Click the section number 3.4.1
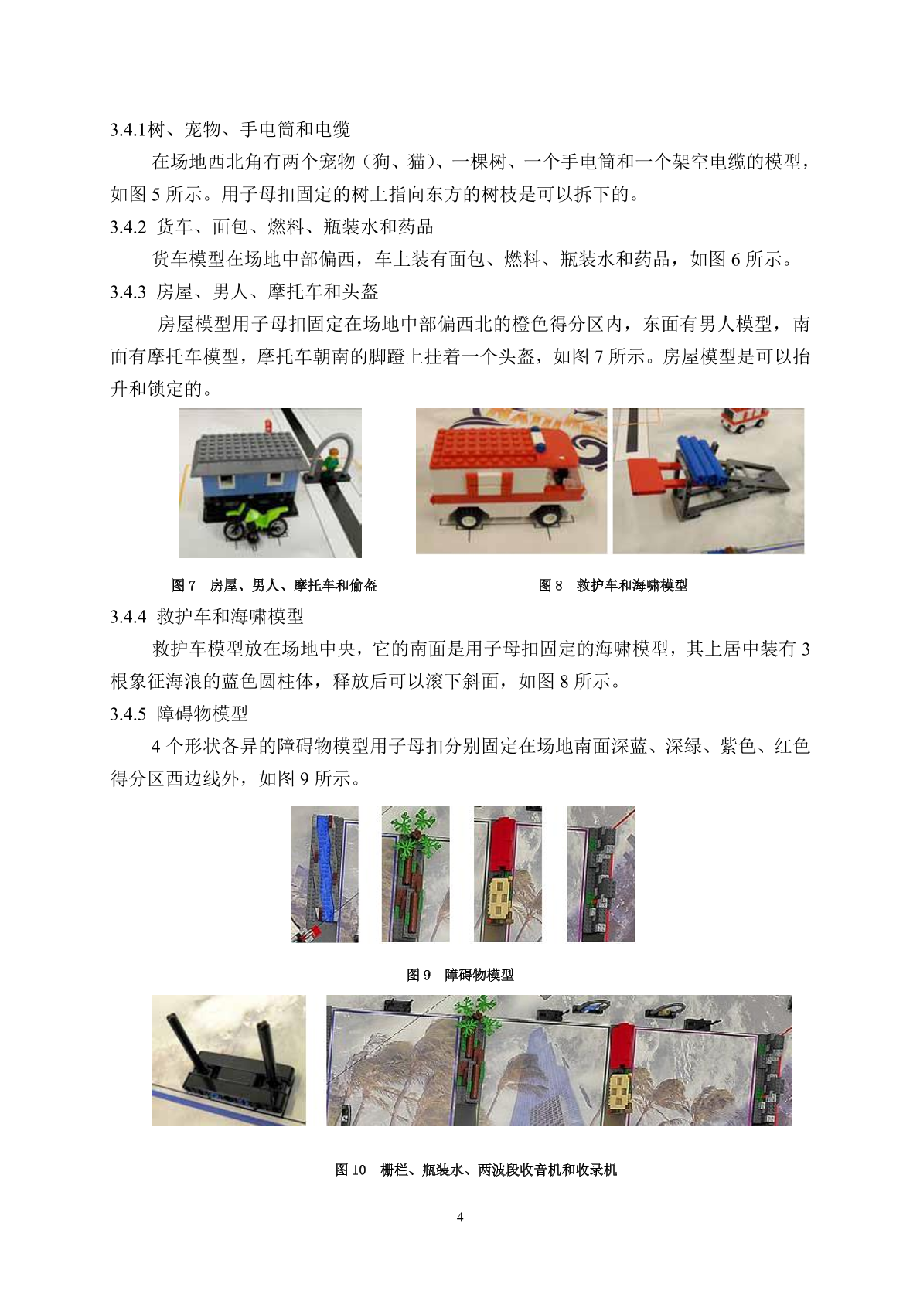128,130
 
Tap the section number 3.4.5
128,714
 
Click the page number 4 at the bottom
460,1217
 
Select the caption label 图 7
183,585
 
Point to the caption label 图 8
550,585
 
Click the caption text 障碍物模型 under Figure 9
479,975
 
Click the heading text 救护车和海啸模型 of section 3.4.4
230,616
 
